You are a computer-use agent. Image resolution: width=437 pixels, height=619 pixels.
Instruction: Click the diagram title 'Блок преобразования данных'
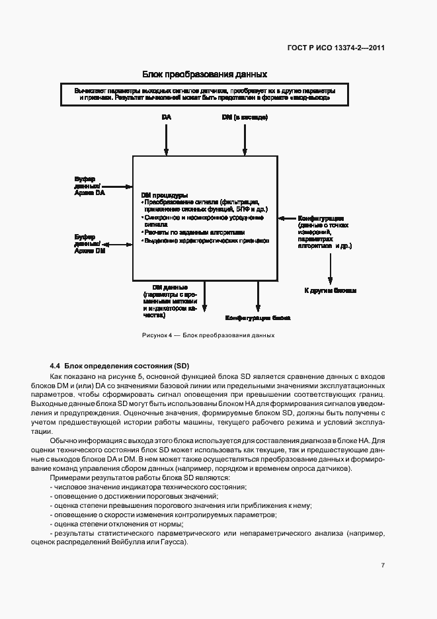tap(204, 74)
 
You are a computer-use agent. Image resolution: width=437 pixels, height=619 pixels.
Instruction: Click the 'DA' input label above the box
tap(166, 118)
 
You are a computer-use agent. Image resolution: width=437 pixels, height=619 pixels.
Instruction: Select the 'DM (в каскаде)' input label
tap(245, 118)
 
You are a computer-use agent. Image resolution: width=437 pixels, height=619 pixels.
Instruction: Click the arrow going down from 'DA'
tap(166, 139)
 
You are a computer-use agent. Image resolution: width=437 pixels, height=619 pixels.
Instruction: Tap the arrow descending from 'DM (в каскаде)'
tap(245, 139)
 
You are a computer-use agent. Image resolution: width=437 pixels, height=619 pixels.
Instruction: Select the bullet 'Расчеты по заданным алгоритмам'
tap(194, 233)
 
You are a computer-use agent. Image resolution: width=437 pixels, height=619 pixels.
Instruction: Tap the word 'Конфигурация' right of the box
tap(320, 218)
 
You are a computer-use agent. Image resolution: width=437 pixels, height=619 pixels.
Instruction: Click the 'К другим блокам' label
tap(330, 290)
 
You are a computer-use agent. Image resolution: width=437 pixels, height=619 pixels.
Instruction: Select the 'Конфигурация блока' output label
tap(258, 317)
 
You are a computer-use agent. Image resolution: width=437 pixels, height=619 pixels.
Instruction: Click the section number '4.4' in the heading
tap(56, 366)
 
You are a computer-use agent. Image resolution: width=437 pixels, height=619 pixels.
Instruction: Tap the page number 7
tap(383, 565)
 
